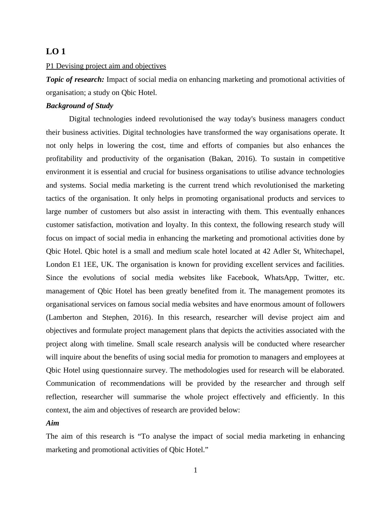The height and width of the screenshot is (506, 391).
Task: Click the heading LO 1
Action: tap(56, 52)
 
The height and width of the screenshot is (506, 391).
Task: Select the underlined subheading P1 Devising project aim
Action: tap(106, 66)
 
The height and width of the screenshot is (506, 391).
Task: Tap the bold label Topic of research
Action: tap(75, 80)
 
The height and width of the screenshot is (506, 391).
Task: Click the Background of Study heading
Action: tap(80, 106)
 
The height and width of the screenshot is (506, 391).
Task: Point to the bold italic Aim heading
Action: tap(53, 423)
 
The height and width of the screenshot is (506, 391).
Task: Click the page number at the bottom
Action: tap(195, 471)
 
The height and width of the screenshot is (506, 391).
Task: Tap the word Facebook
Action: tap(242, 278)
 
